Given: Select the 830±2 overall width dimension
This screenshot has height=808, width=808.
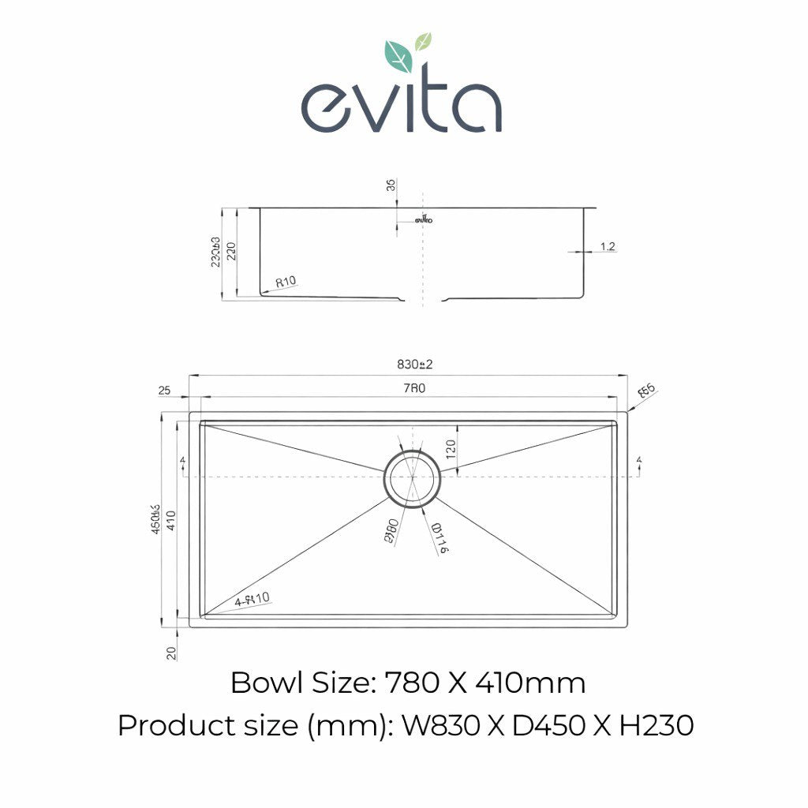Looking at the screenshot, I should [x=415, y=365].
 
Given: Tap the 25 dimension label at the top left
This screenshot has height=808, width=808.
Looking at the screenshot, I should [x=165, y=391].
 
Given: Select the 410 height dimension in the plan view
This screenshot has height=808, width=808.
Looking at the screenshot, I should [x=170, y=520].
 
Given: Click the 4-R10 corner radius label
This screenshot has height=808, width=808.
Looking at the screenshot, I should [x=252, y=600].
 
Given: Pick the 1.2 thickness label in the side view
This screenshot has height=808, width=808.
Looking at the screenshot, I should [x=608, y=246].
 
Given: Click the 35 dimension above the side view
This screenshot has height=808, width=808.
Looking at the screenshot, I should [x=390, y=186].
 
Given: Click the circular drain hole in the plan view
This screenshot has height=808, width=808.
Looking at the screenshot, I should [x=410, y=477].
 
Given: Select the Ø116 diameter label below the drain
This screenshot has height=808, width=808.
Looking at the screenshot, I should [x=440, y=537].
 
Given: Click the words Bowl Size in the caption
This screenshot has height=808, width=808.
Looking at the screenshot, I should [x=300, y=683].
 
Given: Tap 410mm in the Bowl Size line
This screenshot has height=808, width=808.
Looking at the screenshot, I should [x=530, y=683].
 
